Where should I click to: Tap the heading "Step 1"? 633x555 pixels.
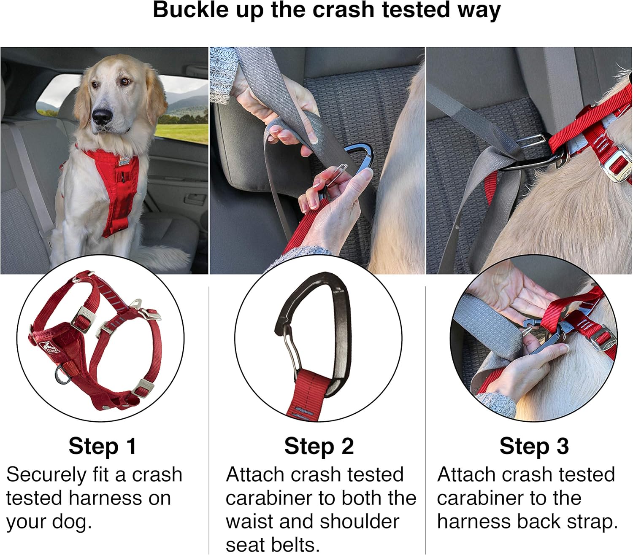point(103,446)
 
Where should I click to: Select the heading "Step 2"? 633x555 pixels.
point(319,446)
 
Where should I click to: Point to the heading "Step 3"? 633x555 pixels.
point(534,446)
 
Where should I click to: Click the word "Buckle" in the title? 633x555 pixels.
point(190,10)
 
